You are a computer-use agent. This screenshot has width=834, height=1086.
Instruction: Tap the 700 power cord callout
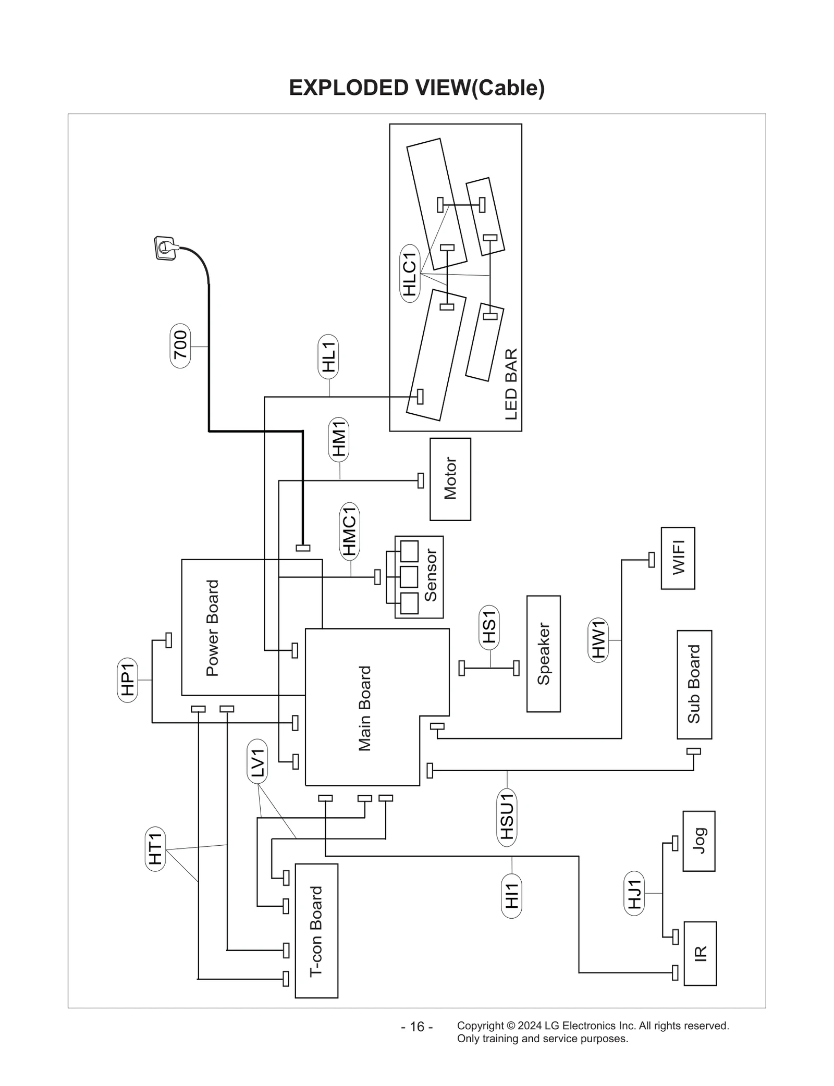pyautogui.click(x=180, y=345)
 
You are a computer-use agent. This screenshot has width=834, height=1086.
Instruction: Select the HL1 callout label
pyautogui.click(x=328, y=356)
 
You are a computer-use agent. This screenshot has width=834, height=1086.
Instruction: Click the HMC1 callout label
pyautogui.click(x=350, y=530)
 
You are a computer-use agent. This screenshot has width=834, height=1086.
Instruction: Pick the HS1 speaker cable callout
pyautogui.click(x=489, y=628)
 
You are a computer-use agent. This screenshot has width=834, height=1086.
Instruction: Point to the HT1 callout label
pyautogui.click(x=155, y=849)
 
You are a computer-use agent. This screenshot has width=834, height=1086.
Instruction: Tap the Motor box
pyautogui.click(x=450, y=479)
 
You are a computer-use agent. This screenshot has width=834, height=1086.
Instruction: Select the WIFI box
pyautogui.click(x=678, y=558)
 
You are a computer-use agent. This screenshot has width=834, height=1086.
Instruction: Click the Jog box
pyautogui.click(x=698, y=841)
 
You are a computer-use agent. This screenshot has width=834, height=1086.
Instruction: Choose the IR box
pyautogui.click(x=700, y=953)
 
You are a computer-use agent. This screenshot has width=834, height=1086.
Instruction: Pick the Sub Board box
pyautogui.click(x=694, y=684)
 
